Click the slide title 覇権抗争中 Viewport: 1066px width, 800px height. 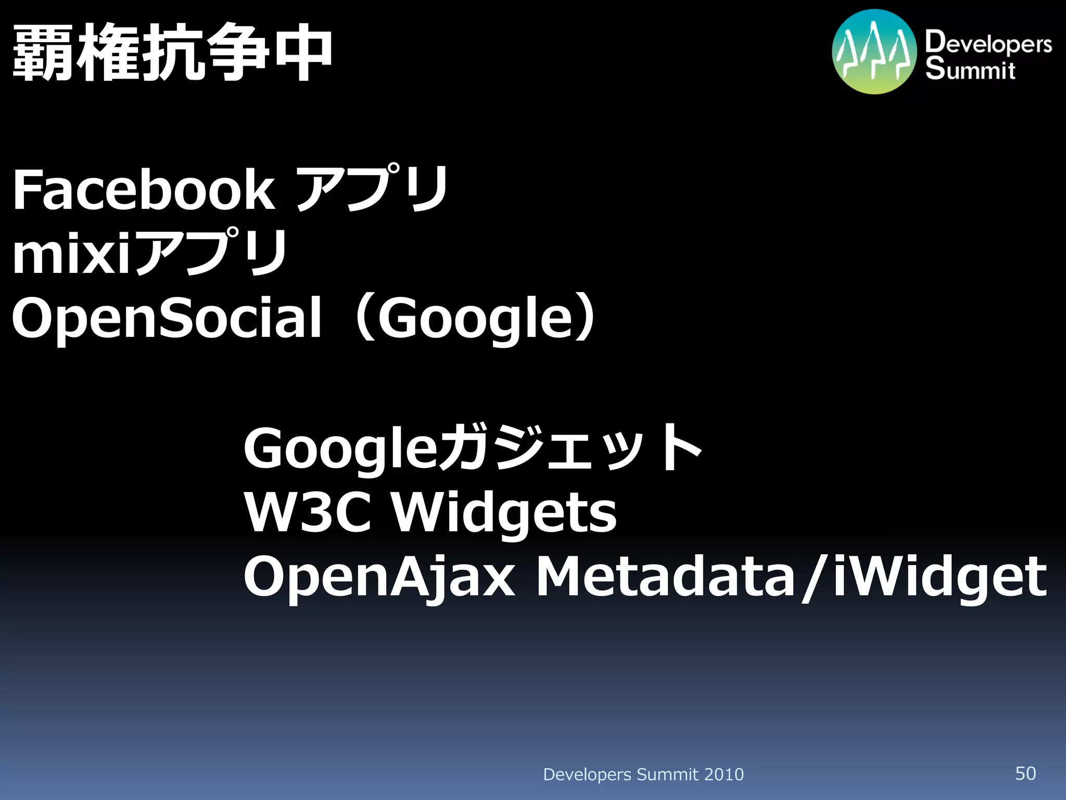(172, 54)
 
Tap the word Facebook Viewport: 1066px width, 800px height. (143, 190)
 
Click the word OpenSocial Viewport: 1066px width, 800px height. (167, 318)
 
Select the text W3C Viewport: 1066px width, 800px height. (308, 513)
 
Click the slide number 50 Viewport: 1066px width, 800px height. (1025, 773)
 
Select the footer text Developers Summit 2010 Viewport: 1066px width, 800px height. (643, 774)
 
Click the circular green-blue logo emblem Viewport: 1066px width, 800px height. (874, 52)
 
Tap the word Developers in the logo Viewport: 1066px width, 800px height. (988, 43)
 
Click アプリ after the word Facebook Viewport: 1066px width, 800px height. (372, 189)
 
